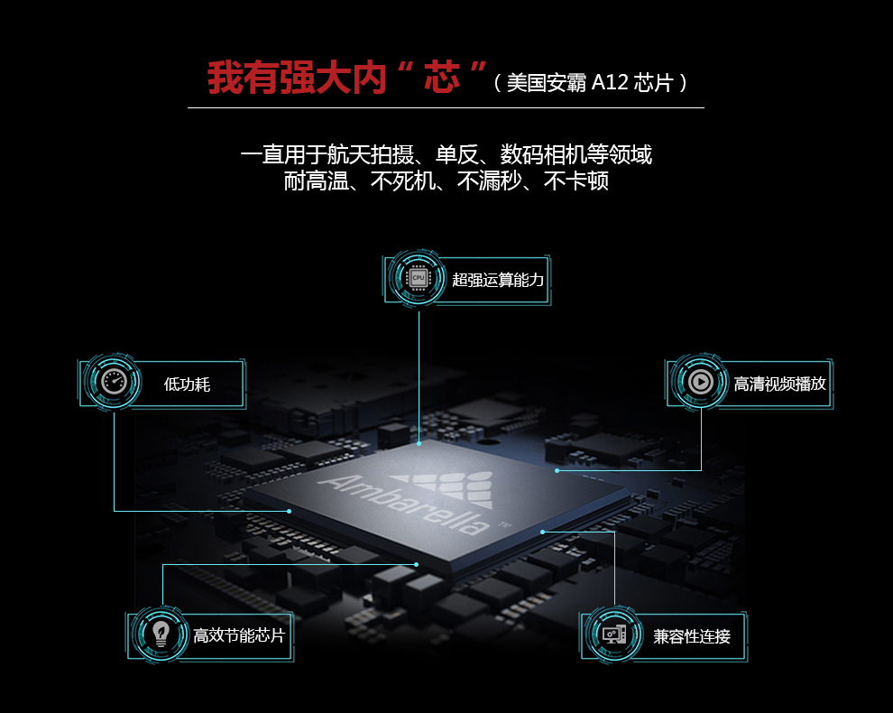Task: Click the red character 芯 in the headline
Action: click(x=442, y=78)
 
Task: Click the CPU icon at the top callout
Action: click(x=419, y=278)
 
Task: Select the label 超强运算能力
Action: click(x=498, y=280)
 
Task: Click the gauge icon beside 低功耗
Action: click(x=114, y=382)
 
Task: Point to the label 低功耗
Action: click(x=188, y=384)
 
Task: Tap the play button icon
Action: click(x=700, y=382)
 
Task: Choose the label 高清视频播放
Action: click(x=779, y=384)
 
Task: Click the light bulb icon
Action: click(x=161, y=634)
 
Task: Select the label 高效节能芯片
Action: click(x=239, y=635)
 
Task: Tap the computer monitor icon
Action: click(x=614, y=634)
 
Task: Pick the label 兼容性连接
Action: click(x=692, y=636)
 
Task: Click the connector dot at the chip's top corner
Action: click(x=419, y=443)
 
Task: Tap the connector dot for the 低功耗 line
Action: click(x=290, y=511)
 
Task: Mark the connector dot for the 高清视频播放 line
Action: click(x=557, y=471)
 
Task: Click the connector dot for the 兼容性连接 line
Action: click(x=543, y=532)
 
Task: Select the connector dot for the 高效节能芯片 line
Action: click(x=417, y=564)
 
